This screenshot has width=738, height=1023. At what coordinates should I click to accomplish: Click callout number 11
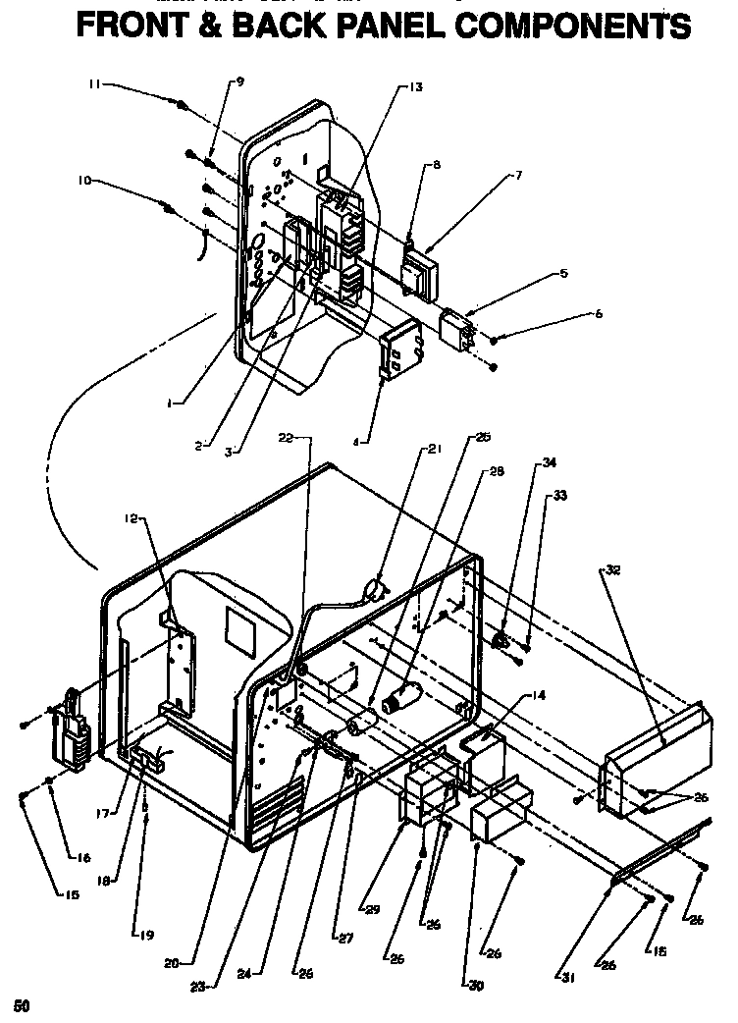(x=93, y=85)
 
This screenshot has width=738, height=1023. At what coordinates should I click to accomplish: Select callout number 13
(x=416, y=86)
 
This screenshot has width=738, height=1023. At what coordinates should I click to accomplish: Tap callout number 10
(x=84, y=181)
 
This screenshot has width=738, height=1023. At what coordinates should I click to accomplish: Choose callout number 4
(x=360, y=443)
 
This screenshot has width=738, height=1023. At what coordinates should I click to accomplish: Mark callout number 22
(x=287, y=438)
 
